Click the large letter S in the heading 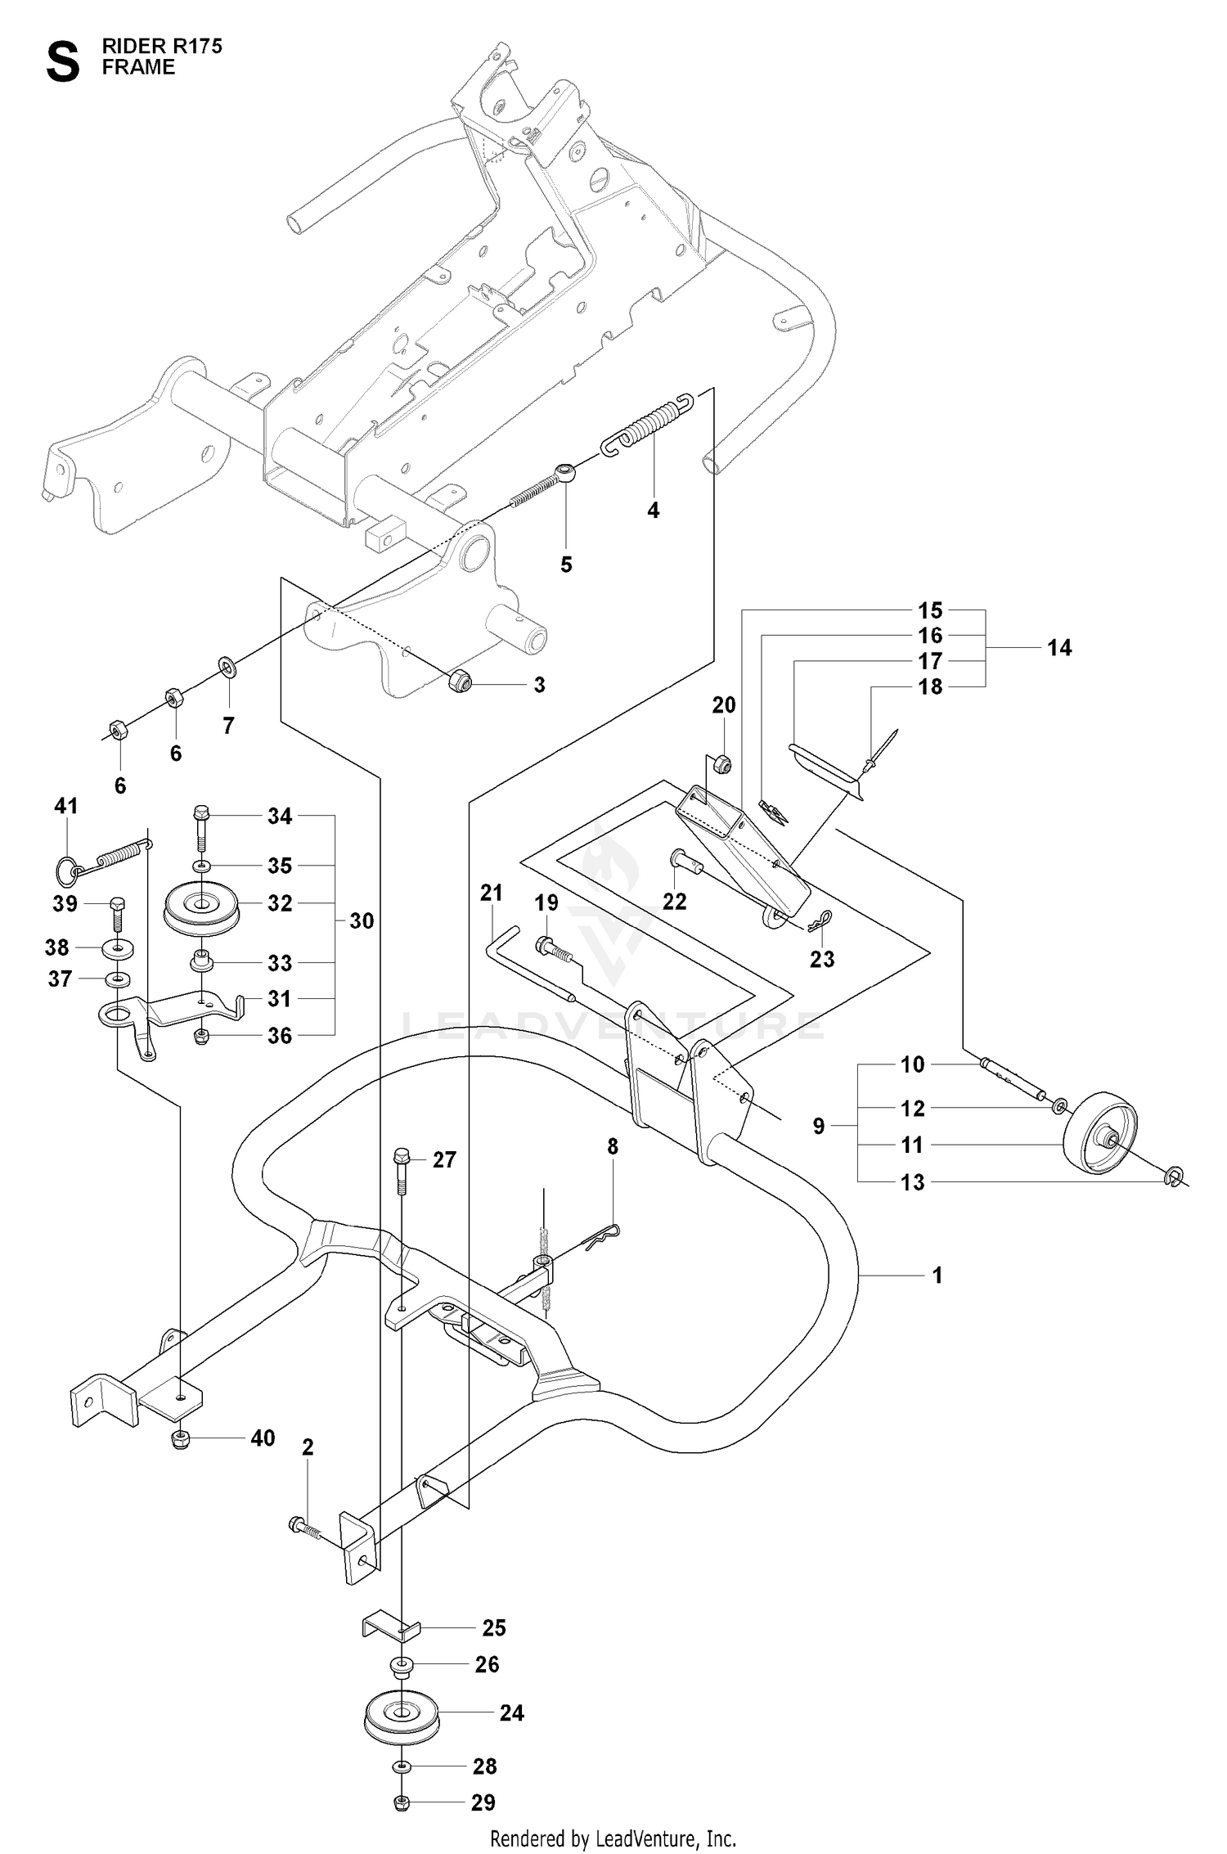pos(63,63)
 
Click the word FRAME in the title pos(138,67)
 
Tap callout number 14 pos(1059,648)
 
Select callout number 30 pos(362,920)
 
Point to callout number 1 pos(937,1275)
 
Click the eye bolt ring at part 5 pos(565,471)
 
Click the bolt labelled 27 pos(402,1170)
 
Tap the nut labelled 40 pos(182,1439)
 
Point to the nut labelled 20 pos(721,765)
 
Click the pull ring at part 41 pos(68,871)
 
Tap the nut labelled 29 pos(402,1802)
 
